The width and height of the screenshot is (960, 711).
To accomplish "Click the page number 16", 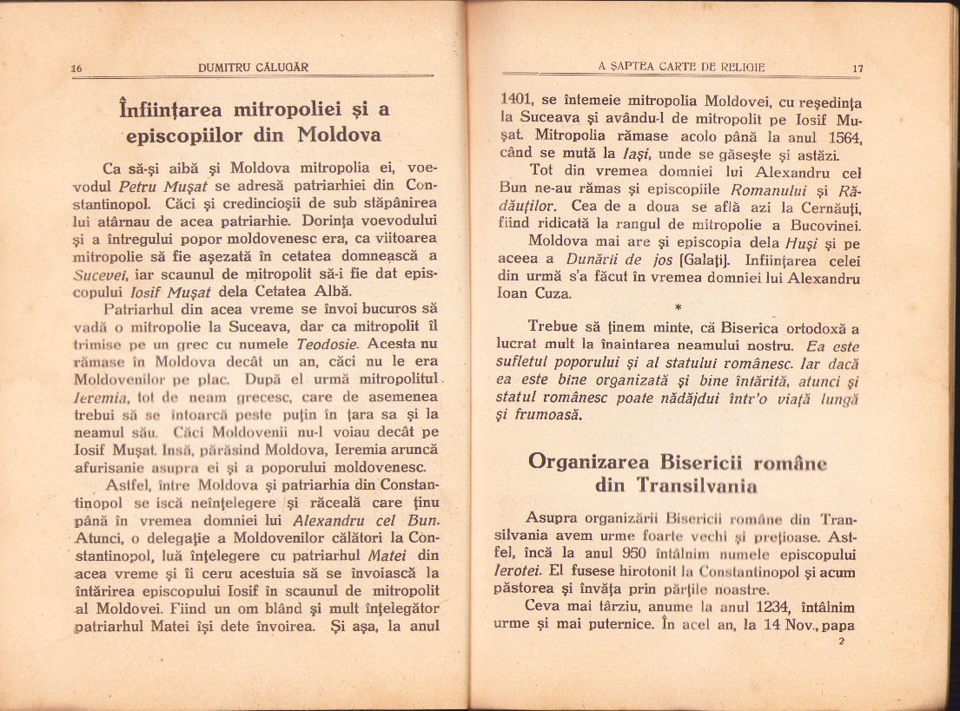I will (x=76, y=68).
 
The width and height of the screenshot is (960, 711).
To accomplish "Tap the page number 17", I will (x=857, y=68).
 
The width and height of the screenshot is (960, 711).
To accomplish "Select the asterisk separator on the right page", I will (x=677, y=307).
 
